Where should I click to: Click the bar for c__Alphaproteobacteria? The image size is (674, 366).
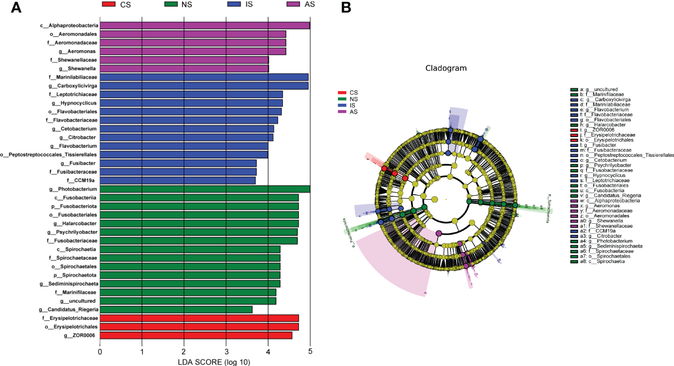click(x=205, y=25)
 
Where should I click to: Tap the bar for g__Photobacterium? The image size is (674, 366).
click(x=205, y=189)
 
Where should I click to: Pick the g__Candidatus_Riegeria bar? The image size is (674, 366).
click(x=176, y=309)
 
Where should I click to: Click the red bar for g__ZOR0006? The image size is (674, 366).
click(x=196, y=335)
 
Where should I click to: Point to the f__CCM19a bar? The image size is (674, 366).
click(x=177, y=180)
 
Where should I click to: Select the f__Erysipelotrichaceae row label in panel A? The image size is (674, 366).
click(x=70, y=318)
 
